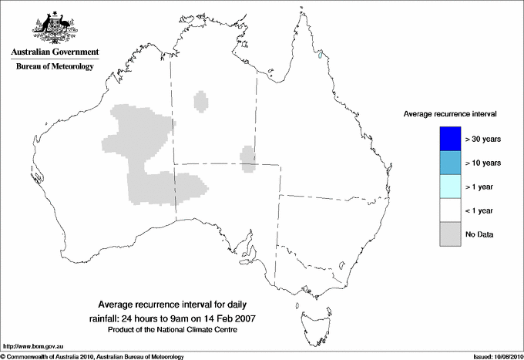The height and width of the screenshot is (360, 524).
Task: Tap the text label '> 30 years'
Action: (483, 139)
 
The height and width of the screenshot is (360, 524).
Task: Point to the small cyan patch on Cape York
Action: (318, 54)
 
